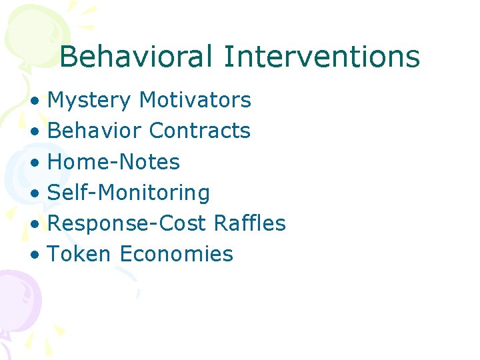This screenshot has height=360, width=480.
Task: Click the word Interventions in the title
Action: (x=322, y=57)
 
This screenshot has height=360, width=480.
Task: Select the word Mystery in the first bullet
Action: (x=90, y=101)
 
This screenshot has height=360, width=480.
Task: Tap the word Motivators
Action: (x=195, y=101)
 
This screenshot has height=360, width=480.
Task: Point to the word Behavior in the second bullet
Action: (x=95, y=131)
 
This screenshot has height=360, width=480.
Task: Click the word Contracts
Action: (x=200, y=131)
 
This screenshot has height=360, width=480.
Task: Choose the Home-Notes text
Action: (x=114, y=162)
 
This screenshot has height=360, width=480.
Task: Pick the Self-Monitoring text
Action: (x=129, y=193)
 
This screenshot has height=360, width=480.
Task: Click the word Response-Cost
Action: (x=128, y=223)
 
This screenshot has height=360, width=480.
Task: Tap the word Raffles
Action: (x=250, y=223)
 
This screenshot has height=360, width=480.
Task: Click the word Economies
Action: (x=177, y=254)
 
